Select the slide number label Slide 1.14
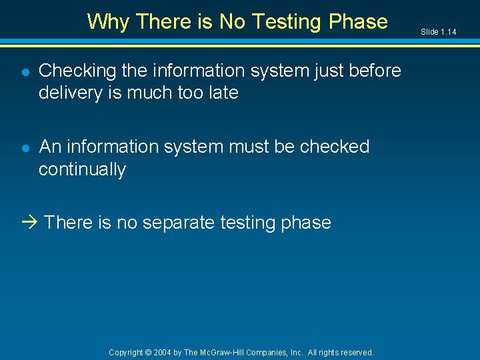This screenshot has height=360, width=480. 438,32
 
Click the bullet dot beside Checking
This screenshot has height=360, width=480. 25,71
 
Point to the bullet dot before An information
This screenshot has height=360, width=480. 25,147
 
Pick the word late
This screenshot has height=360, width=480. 222,93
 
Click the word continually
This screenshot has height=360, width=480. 82,169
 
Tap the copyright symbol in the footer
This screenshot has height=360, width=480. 149,353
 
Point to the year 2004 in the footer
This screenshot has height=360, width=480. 163,353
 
